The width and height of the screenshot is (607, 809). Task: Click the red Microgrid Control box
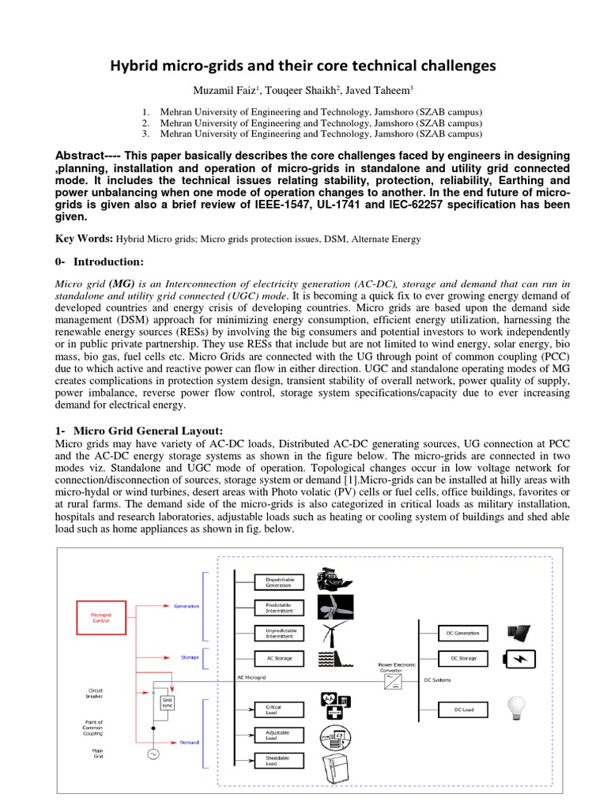[100, 617]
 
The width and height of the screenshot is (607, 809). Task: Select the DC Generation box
[463, 633]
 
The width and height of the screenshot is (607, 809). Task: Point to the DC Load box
[463, 710]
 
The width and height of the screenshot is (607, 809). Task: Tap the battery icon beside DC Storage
[518, 658]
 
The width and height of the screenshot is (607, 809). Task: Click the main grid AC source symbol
[152, 754]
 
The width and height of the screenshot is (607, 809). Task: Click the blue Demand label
[188, 742]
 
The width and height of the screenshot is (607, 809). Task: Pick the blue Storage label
[190, 657]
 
